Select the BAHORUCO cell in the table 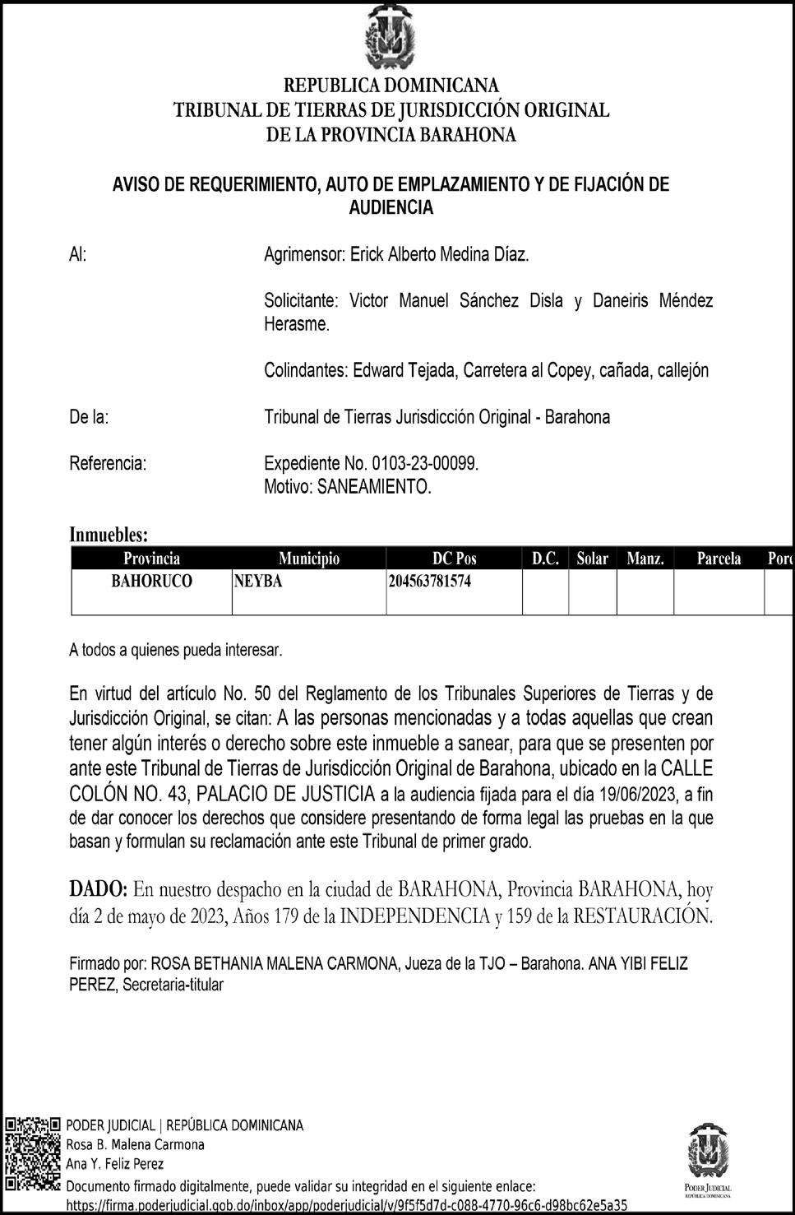[151, 582]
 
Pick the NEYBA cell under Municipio [257, 582]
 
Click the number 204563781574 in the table [430, 582]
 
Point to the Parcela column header [719, 559]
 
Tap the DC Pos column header [454, 559]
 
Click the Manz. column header [645, 559]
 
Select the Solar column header [592, 559]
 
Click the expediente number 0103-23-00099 [424, 463]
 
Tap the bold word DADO [98, 889]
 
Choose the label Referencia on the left [108, 463]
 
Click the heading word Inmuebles [109, 535]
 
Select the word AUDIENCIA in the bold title [391, 207]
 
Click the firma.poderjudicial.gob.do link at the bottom [345, 1205]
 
